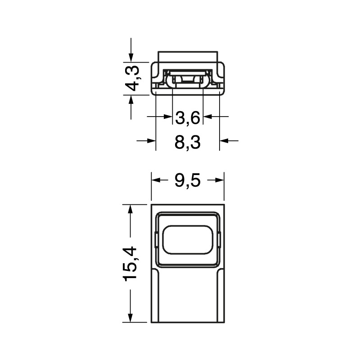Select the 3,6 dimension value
point(188,118)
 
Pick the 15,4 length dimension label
point(131,263)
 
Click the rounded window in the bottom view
point(188,240)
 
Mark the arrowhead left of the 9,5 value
point(155,180)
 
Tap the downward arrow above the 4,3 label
point(131,57)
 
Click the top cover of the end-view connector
point(188,56)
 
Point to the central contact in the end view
point(188,80)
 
